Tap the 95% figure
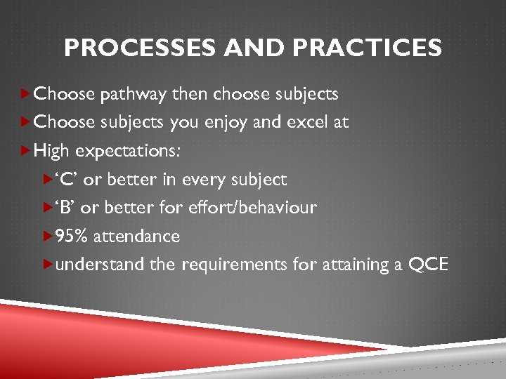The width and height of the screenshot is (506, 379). [72, 237]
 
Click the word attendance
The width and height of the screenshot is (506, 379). [136, 237]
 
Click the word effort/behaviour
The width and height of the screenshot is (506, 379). [259, 208]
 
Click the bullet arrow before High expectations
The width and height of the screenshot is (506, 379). [26, 151]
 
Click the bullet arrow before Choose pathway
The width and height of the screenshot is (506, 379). [26, 93]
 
